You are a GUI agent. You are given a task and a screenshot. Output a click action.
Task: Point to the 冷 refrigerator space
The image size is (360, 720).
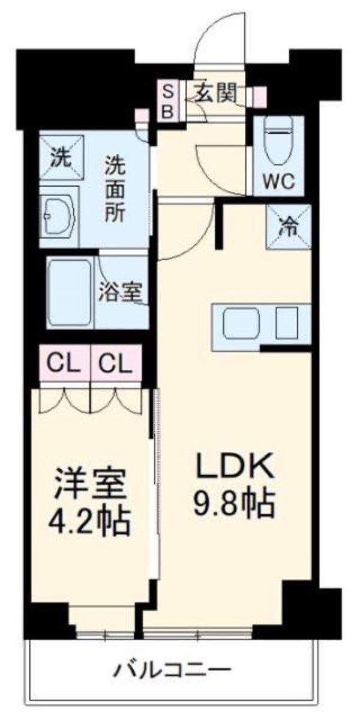pos(289,227)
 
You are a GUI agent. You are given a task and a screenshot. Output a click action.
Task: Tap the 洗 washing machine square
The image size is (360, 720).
pos(62,157)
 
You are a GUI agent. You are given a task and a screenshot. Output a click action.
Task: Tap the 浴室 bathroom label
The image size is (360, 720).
pos(121,292)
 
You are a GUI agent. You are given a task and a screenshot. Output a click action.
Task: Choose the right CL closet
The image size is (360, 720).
pos(115,362)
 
